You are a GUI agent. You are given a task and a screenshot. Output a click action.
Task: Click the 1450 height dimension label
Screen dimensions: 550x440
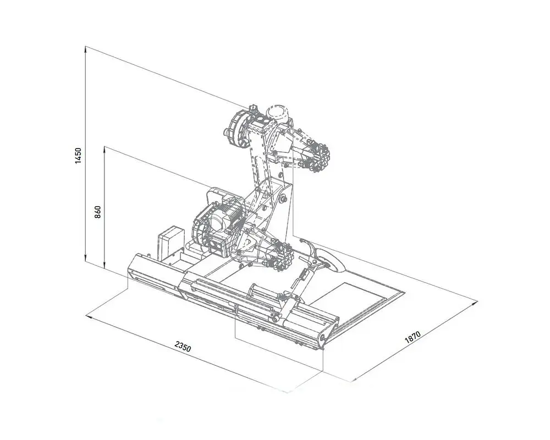[x=78, y=155]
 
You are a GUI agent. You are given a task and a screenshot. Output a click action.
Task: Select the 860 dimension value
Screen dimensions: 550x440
[x=98, y=212]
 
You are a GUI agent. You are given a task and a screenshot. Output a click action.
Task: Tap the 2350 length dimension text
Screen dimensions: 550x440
[x=183, y=346]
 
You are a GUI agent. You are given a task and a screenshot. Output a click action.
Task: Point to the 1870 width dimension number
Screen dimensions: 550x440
[x=413, y=337]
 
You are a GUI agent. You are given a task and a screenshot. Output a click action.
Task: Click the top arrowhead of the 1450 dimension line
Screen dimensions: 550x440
[x=85, y=50]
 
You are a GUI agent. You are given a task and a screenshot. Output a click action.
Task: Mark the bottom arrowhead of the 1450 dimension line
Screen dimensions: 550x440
[x=85, y=258]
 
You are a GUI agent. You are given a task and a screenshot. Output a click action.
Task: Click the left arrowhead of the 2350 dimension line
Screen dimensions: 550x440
[x=90, y=316]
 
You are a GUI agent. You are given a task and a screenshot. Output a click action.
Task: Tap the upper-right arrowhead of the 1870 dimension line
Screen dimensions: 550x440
[x=474, y=303]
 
